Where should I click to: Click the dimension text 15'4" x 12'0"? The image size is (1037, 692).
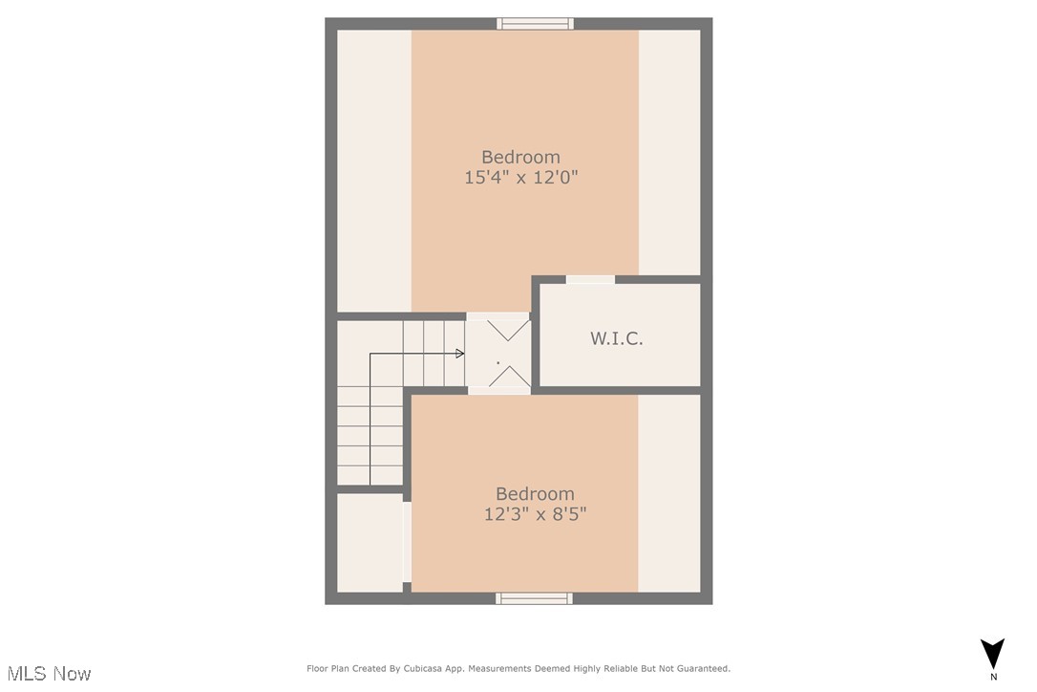pyautogui.click(x=521, y=177)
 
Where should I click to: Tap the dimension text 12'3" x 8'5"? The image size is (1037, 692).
pyautogui.click(x=535, y=513)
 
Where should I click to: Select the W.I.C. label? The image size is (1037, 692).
pyautogui.click(x=616, y=338)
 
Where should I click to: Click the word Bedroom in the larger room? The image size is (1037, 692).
pyautogui.click(x=520, y=157)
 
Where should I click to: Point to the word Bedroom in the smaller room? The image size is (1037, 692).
pyautogui.click(x=535, y=493)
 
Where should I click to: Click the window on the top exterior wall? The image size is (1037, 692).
pyautogui.click(x=535, y=24)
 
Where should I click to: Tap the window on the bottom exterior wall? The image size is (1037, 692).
pyautogui.click(x=534, y=598)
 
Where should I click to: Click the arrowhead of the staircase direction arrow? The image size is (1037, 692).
pyautogui.click(x=460, y=354)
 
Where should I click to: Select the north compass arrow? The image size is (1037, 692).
pyautogui.click(x=993, y=653)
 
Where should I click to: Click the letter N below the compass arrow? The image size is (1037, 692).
pyautogui.click(x=993, y=677)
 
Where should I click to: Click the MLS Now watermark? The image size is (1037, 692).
pyautogui.click(x=46, y=674)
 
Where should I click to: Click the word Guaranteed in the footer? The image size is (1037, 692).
pyautogui.click(x=702, y=669)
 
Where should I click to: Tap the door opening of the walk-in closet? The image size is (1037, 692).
pyautogui.click(x=590, y=279)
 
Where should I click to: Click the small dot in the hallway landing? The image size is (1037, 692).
pyautogui.click(x=497, y=363)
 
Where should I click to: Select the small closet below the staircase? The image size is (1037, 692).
pyautogui.click(x=370, y=542)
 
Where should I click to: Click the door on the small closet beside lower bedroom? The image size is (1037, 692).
pyautogui.click(x=407, y=542)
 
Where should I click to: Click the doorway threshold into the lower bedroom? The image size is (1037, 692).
pyautogui.click(x=498, y=391)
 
